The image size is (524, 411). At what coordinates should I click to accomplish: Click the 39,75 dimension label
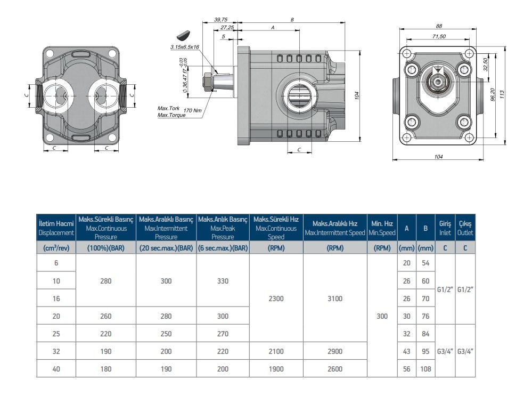pos(220,20)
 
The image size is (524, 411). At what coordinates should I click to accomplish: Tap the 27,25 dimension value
pos(227,27)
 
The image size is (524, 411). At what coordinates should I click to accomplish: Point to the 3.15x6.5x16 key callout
pos(184,47)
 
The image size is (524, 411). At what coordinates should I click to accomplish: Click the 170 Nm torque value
pos(192,110)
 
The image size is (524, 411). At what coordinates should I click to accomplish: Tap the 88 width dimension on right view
pos(439,26)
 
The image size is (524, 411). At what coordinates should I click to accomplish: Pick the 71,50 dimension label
pos(439,36)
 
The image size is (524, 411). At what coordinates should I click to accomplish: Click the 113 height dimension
pos(502,94)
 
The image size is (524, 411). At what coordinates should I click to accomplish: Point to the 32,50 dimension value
pos(486,65)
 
